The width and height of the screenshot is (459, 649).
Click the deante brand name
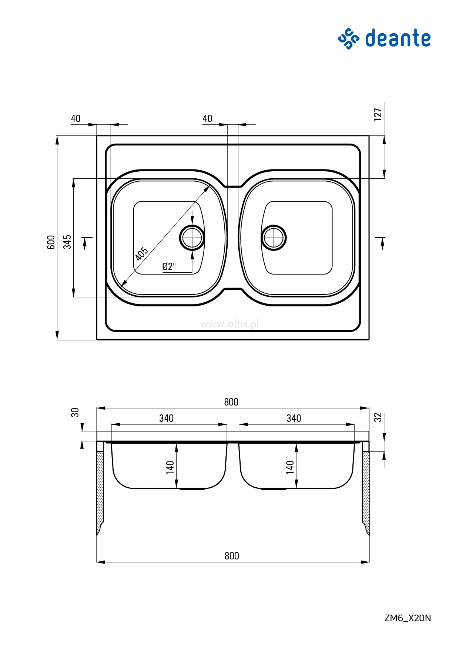click(398, 38)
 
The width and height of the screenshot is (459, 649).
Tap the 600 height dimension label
click(51, 242)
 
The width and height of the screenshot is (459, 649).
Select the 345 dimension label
click(67, 242)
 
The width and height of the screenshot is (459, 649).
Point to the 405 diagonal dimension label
click(142, 253)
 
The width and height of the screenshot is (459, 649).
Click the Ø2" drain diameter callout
click(169, 266)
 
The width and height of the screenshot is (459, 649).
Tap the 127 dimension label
click(378, 114)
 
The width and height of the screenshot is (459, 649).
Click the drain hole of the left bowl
click(192, 238)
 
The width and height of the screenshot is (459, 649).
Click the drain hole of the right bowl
click(274, 238)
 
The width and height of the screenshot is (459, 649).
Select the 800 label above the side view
click(231, 402)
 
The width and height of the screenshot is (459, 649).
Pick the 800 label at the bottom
click(232, 556)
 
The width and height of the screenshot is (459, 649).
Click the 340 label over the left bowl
click(166, 418)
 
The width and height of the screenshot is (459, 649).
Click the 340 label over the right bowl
click(294, 418)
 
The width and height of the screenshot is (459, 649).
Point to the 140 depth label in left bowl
click(170, 467)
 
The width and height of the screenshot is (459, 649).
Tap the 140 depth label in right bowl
click(290, 467)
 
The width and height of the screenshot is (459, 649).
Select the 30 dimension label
click(75, 412)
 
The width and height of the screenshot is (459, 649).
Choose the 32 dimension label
click(378, 417)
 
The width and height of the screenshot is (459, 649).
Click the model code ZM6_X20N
click(408, 618)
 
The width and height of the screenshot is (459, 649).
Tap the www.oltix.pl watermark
click(229, 324)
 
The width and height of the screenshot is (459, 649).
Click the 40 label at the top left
click(76, 118)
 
